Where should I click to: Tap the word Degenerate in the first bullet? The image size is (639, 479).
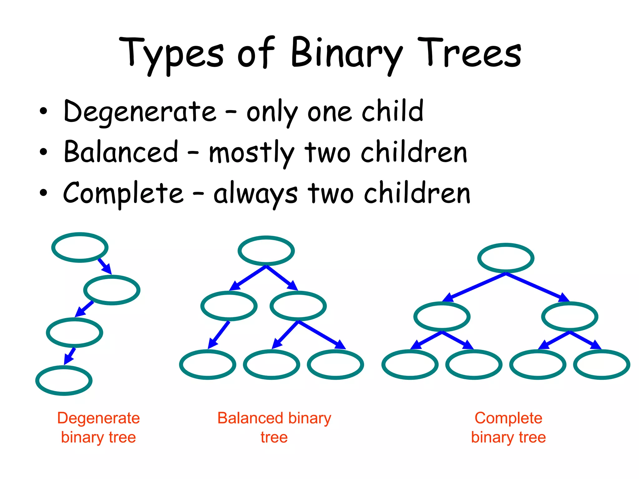(x=139, y=112)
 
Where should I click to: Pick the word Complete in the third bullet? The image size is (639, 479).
(x=123, y=193)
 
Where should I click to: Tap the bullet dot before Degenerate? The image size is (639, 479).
(x=43, y=111)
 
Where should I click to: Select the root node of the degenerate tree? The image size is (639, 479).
(x=80, y=247)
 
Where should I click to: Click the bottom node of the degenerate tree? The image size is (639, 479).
(x=64, y=380)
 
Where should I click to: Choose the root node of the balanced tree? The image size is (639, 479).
(x=266, y=251)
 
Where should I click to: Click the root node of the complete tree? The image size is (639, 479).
(x=506, y=258)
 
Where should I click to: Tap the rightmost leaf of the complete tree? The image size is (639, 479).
(x=602, y=364)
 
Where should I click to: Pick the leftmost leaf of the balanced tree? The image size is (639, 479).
(x=207, y=364)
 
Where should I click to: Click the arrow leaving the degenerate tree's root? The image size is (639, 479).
(x=105, y=266)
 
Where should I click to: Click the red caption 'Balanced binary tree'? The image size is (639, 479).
(x=274, y=428)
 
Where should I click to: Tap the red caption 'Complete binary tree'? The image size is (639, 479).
(x=508, y=428)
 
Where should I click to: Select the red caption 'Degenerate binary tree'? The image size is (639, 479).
(x=98, y=428)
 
